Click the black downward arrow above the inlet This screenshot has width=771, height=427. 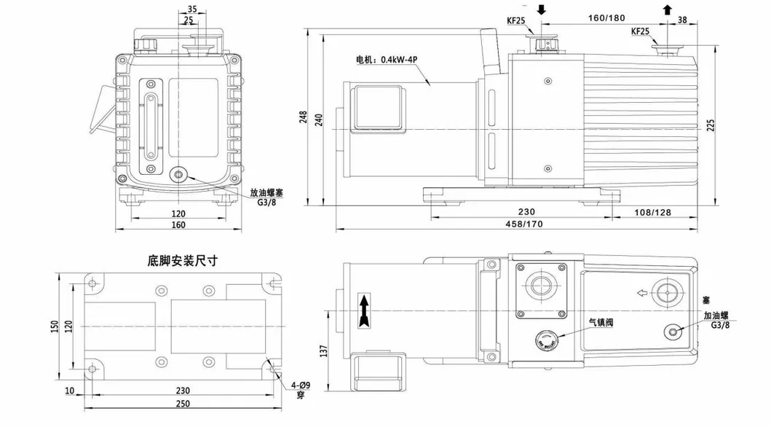[541, 9]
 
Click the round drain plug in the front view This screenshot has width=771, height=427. [178, 175]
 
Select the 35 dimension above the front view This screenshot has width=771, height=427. [191, 9]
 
